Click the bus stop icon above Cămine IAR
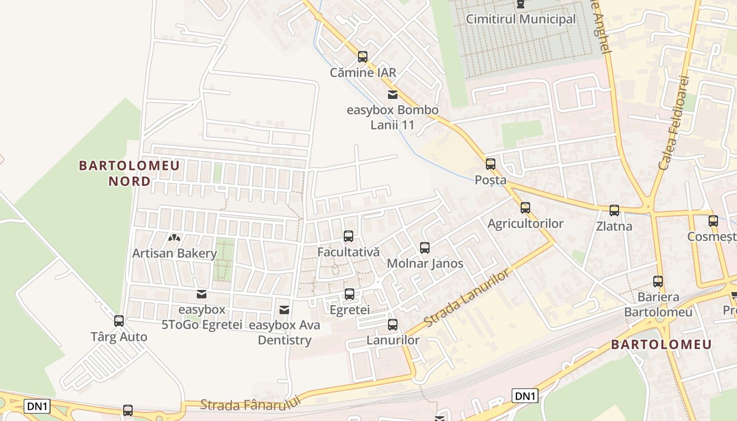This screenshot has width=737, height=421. tap(362, 56)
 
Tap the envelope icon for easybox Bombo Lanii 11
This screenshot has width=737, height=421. tap(392, 95)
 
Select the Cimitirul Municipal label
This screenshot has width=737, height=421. tap(521, 19)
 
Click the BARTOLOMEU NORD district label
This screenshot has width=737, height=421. tap(130, 173)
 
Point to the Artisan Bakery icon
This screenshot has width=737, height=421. tap(174, 238)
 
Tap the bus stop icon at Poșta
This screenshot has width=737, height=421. tap(491, 164)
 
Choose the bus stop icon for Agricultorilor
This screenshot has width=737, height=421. tap(525, 208)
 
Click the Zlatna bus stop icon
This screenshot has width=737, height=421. tap(614, 210)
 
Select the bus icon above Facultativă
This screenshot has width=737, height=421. tap(348, 236)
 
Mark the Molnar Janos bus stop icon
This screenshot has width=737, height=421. tap(424, 247)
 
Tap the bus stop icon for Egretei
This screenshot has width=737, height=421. tap(349, 294)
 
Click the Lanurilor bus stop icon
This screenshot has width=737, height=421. tap(392, 325)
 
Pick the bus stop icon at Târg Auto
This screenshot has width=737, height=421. tap(119, 320)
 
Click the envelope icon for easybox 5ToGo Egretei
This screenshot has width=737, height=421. tap(201, 294)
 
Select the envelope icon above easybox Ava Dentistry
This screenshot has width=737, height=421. tap(284, 310)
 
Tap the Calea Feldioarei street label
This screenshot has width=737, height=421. tap(673, 123)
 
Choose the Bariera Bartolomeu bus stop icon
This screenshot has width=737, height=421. tap(658, 282)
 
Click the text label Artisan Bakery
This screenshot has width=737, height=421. tap(174, 253)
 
